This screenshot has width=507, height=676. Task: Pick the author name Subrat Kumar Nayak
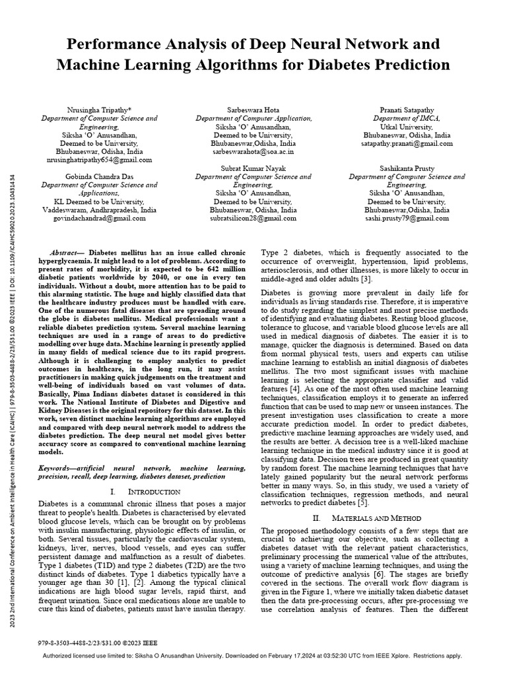tap(253, 169)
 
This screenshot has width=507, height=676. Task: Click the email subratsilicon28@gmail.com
tap(253, 218)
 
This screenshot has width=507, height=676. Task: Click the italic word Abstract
tap(67, 253)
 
